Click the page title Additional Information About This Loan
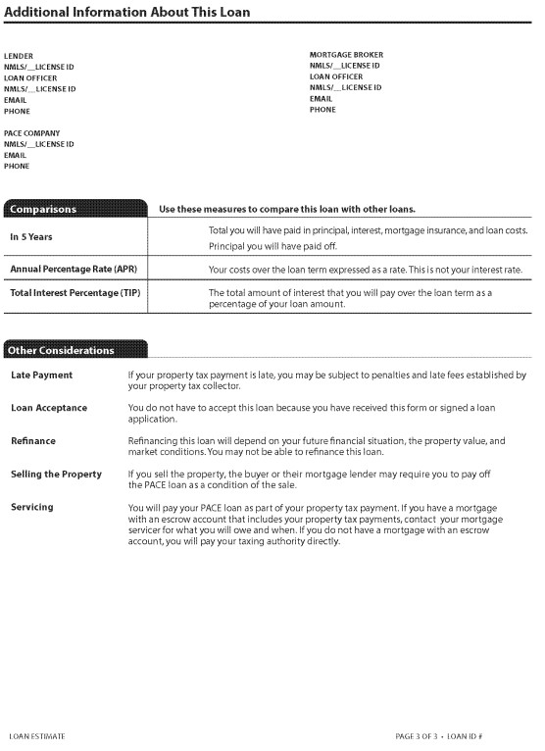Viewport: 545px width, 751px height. tap(126, 12)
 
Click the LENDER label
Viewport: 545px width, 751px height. tap(18, 56)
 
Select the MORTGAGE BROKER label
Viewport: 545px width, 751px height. tap(346, 55)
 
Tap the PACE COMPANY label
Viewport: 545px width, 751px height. tap(31, 133)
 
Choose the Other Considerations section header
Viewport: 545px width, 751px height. tap(62, 350)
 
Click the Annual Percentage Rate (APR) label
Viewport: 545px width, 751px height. tap(73, 269)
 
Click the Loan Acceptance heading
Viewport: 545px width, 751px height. tap(49, 408)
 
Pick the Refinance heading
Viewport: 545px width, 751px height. tap(33, 441)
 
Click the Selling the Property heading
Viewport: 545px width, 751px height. tap(56, 475)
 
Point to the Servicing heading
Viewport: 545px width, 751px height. tap(32, 507)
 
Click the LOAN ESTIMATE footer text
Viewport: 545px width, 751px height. tap(37, 735)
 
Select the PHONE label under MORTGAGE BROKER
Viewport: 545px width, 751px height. tap(322, 110)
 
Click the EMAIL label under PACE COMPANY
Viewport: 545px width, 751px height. tap(16, 155)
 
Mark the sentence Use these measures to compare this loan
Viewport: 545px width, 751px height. tap(287, 209)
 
